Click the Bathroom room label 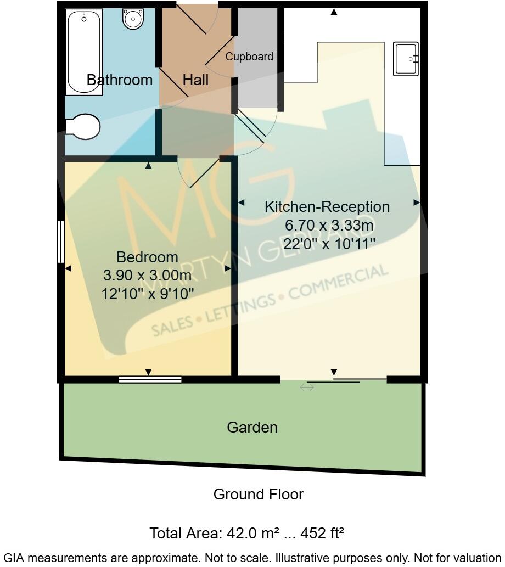tap(120, 80)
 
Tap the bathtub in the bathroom tap(85, 52)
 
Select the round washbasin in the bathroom tap(133, 20)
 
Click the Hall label tap(195, 80)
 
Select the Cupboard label tap(249, 57)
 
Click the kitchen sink tap(406, 59)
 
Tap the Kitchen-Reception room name tap(327, 207)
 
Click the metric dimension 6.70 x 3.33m tap(329, 225)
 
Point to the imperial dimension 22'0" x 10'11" tap(329, 243)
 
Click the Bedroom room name tap(148, 257)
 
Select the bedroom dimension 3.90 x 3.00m tap(148, 275)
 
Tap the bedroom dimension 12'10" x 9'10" tap(148, 294)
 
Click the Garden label tap(252, 427)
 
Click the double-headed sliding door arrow tap(306, 388)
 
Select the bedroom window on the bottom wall tap(150, 379)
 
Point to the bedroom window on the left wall tap(61, 242)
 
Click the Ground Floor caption tap(258, 494)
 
